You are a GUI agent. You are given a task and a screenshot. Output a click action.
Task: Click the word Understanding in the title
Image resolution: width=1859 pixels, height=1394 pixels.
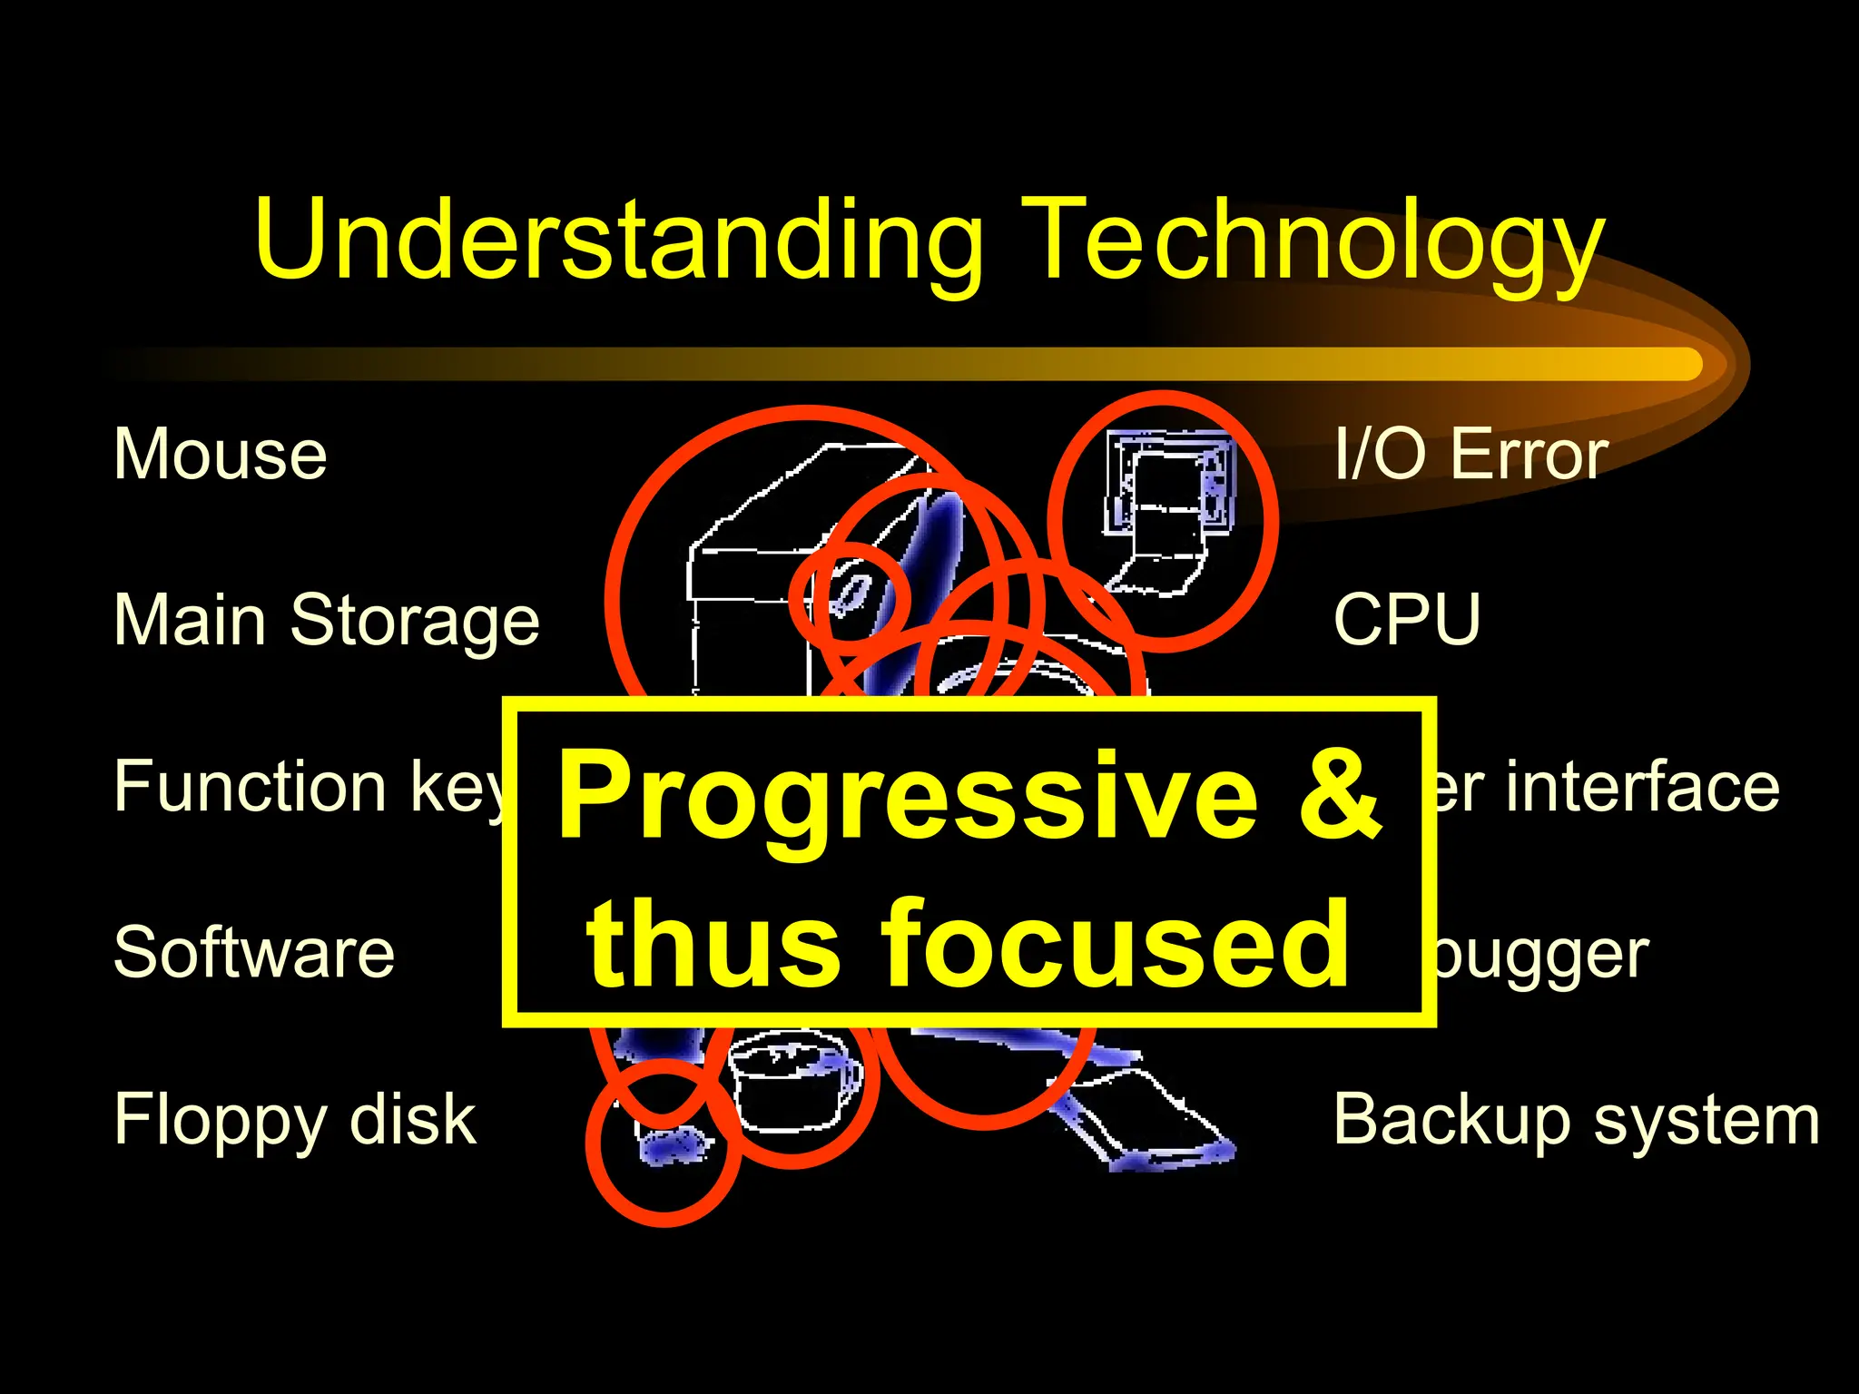618,241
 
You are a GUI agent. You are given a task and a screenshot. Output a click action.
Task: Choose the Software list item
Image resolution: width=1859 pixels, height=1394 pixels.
254,952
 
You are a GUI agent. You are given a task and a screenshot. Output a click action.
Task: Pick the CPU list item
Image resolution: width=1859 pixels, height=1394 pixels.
1407,620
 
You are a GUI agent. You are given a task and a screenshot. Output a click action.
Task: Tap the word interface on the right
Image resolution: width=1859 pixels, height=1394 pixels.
1643,786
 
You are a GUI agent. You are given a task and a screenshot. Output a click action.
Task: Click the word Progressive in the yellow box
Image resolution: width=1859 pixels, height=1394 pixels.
908,799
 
